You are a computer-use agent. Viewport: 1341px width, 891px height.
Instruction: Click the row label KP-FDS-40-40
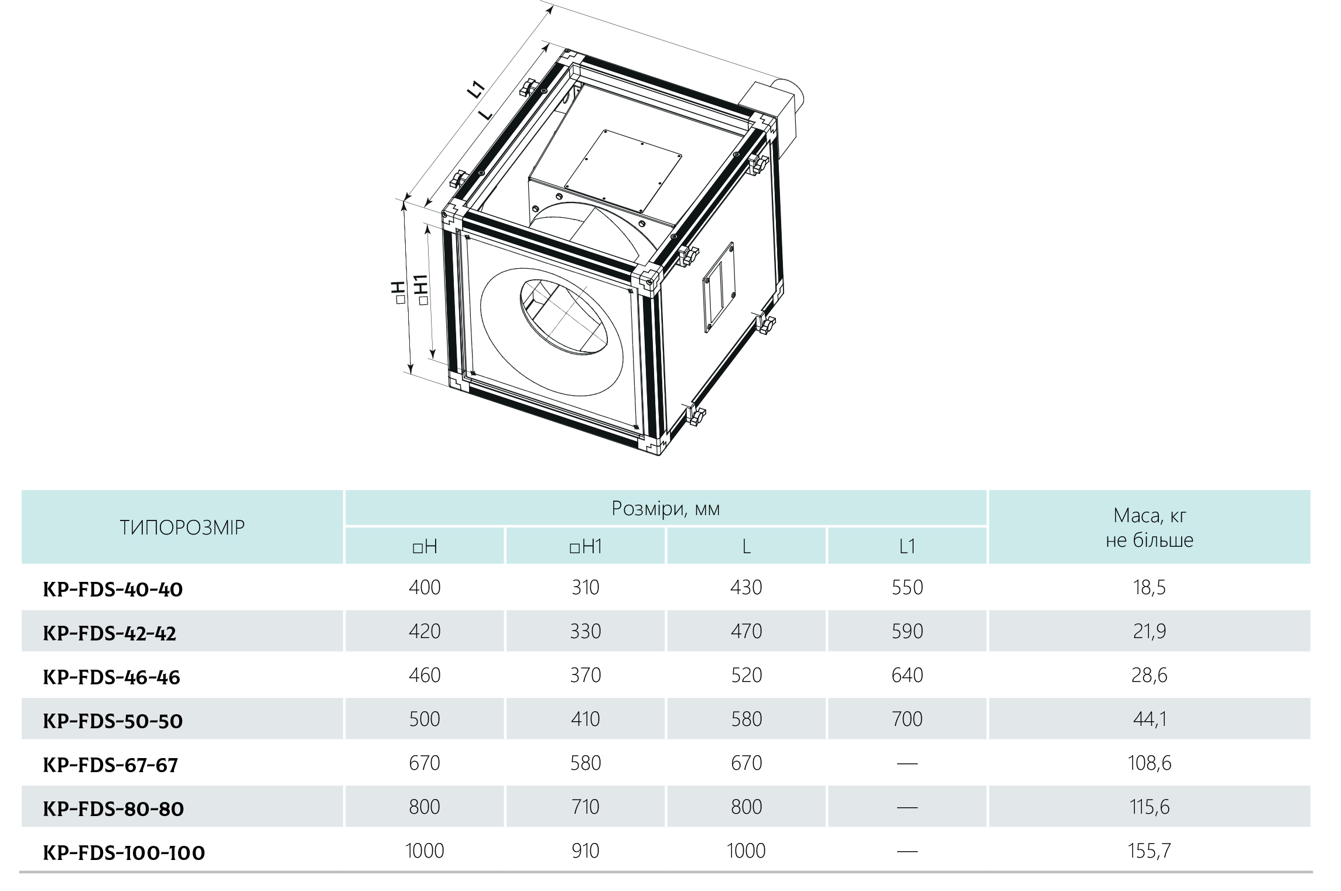pyautogui.click(x=113, y=589)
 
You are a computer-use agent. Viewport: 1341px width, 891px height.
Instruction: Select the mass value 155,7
pyautogui.click(x=1149, y=851)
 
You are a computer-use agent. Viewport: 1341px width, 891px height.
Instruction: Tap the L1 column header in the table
pyautogui.click(x=906, y=546)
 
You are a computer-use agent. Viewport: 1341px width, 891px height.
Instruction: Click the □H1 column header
pyautogui.click(x=586, y=546)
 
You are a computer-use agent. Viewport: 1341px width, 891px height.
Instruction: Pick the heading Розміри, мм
pyautogui.click(x=666, y=508)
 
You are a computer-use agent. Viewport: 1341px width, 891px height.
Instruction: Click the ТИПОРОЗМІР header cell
pyautogui.click(x=182, y=527)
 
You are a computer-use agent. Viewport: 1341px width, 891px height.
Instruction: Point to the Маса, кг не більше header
pyautogui.click(x=1150, y=527)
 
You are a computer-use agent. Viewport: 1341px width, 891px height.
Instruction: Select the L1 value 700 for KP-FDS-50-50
pyautogui.click(x=907, y=719)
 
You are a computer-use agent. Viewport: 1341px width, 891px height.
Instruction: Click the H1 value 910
pyautogui.click(x=586, y=851)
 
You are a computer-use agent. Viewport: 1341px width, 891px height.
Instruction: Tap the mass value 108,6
pyautogui.click(x=1150, y=763)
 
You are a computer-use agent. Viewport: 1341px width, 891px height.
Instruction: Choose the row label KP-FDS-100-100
pyautogui.click(x=124, y=853)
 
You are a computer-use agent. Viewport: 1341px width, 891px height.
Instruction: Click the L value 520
pyautogui.click(x=747, y=675)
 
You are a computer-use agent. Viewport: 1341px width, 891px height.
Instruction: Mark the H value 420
pyautogui.click(x=425, y=631)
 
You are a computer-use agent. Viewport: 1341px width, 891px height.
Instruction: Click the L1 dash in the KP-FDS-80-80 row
pyautogui.click(x=907, y=808)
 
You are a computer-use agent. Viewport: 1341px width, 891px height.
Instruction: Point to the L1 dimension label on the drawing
pyautogui.click(x=477, y=89)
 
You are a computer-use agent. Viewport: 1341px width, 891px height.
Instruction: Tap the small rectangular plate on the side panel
pyautogui.click(x=719, y=287)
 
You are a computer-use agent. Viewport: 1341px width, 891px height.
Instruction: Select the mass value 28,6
pyautogui.click(x=1149, y=676)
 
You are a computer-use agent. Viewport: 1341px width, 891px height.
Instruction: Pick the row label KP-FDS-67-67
pyautogui.click(x=110, y=765)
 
